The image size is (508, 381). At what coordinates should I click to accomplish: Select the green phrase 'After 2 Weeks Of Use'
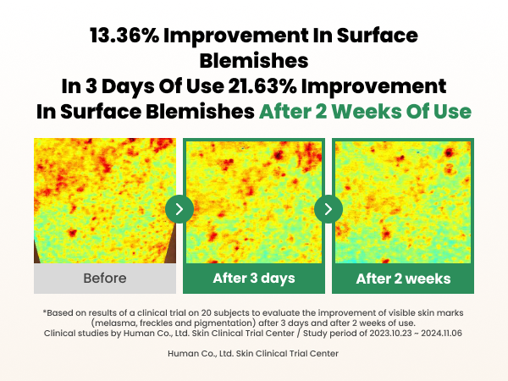[x=365, y=111]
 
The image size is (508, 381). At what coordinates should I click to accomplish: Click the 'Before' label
[x=105, y=279]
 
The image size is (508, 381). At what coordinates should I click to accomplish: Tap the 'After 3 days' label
[x=254, y=279]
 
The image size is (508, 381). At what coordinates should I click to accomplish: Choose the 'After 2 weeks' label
[x=403, y=279]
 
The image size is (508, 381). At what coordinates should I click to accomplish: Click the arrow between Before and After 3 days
[x=179, y=208]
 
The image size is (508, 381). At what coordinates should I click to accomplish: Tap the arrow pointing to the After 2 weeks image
[x=329, y=208]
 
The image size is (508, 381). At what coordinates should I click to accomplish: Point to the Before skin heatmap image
[x=105, y=201]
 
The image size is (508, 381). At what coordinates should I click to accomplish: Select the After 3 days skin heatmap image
[x=254, y=201]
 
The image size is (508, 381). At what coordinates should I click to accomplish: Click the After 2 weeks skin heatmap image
[x=403, y=201]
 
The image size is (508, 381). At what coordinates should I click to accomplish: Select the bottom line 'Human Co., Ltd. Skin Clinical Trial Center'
[x=254, y=353]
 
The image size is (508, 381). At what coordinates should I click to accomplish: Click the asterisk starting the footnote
[x=45, y=312]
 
